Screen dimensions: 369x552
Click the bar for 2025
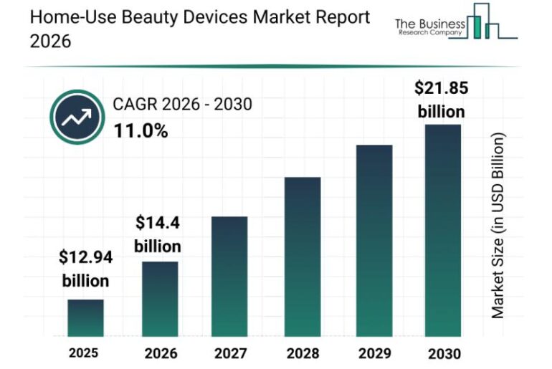85,317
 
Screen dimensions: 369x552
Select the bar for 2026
159,299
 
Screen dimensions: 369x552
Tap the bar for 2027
229,276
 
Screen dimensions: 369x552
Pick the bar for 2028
302,256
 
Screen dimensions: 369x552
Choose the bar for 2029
373,240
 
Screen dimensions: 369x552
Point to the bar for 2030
442,230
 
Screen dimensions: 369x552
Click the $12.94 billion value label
85,268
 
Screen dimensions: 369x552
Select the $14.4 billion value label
158,234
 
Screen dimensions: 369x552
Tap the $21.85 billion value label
441,100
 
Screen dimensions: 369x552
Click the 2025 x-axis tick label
84,353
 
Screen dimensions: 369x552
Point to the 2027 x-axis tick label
229,353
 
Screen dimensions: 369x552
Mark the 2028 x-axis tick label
302,353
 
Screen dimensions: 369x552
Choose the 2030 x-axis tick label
444,353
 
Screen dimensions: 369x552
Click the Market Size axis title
498,226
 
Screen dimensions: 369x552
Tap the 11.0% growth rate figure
141,130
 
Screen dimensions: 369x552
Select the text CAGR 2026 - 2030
182,105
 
